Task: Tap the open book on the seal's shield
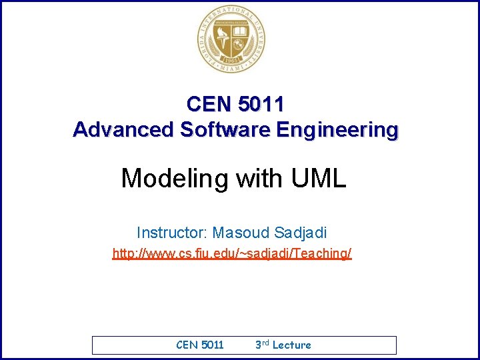[x=240, y=32]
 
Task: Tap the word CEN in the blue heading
[x=207, y=104]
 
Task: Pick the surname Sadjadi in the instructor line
[x=299, y=233]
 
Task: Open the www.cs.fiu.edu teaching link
[x=232, y=254]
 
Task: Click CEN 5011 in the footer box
[x=200, y=345]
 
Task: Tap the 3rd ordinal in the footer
[x=262, y=345]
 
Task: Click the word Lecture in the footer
[x=292, y=345]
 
